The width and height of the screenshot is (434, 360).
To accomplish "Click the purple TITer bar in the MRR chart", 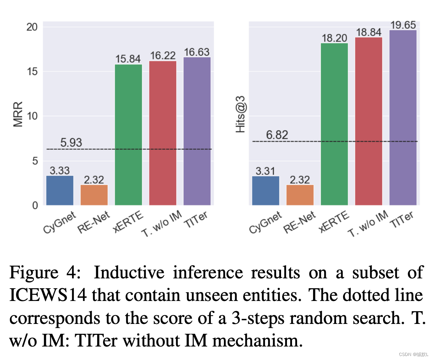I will point(197,131).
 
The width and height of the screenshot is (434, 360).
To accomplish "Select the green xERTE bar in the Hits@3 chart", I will point(334,124).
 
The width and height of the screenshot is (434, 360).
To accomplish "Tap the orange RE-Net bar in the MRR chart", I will point(94,195).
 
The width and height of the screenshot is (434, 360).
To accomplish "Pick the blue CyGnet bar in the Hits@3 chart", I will point(266,191).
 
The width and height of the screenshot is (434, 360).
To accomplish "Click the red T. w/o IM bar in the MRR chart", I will point(163,133).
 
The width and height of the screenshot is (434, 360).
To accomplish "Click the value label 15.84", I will point(128,59).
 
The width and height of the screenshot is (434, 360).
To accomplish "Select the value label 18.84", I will point(368,32).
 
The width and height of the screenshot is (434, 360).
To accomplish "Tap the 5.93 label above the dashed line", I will point(71,143).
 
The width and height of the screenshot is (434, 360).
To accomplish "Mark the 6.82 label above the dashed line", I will point(277,135).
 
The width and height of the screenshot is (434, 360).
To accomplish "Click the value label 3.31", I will point(266,171).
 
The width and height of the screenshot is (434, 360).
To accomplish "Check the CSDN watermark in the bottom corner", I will point(413,355).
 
